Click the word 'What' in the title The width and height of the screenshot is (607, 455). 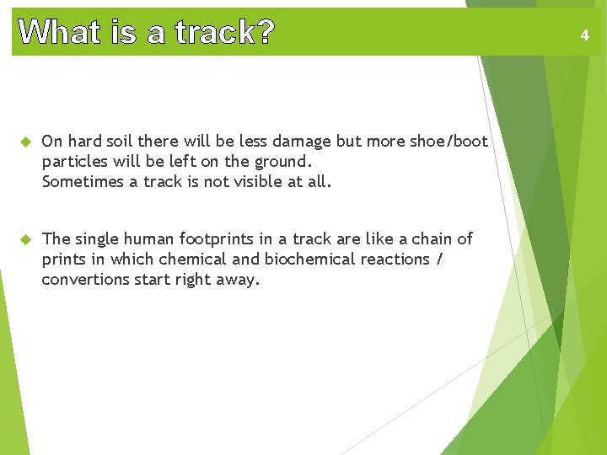[53, 33]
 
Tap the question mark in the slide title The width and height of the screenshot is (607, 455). [265, 33]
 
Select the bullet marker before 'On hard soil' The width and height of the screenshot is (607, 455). [24, 142]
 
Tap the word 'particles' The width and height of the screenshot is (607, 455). [74, 161]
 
